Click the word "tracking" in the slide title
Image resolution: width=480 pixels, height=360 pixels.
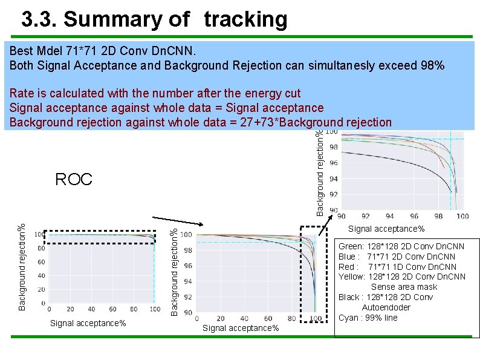245,20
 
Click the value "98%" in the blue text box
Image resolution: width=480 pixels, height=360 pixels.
432,65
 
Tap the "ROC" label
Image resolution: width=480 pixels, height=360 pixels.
74,180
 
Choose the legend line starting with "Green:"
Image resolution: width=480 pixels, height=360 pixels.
401,246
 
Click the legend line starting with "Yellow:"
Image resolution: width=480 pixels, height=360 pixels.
402,277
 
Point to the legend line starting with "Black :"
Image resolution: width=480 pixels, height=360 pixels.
386,297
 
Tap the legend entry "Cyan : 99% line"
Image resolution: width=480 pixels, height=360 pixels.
368,318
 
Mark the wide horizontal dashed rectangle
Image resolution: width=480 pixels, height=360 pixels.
102,236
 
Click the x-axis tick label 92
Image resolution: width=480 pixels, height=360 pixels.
365,217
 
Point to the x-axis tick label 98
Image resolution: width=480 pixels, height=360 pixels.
438,217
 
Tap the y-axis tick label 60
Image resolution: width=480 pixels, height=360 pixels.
41,262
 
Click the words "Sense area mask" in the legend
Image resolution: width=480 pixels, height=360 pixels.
404,287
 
